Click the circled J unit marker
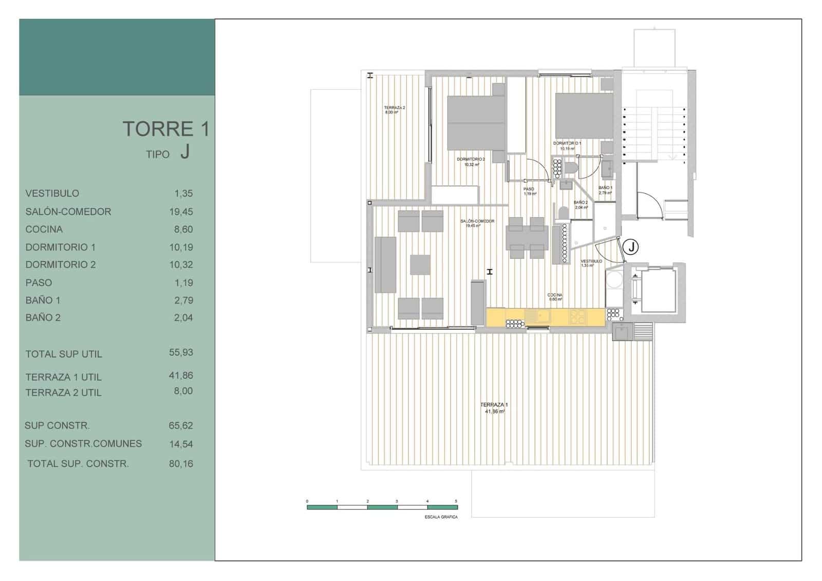point(631,247)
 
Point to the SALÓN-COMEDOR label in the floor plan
point(477,221)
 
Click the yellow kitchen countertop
point(545,316)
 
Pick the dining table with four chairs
point(526,237)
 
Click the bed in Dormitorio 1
point(584,116)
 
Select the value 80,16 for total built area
point(181,464)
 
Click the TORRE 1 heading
point(165,129)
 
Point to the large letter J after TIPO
point(185,153)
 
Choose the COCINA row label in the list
point(44,229)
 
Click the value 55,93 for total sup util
point(181,352)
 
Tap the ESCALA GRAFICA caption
point(441,517)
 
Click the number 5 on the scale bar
point(456,501)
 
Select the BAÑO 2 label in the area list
point(43,318)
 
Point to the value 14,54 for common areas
point(181,444)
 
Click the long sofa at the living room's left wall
point(385,265)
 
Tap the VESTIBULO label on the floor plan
point(591,261)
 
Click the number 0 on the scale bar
point(307,501)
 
